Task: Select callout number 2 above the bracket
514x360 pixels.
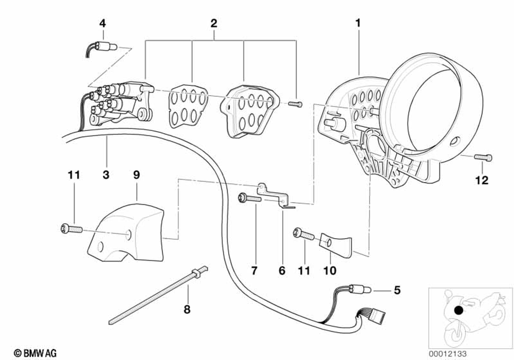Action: point(213,23)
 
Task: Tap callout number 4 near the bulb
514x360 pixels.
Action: point(102,23)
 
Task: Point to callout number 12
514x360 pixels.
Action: point(483,181)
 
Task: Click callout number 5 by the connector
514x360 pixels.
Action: point(396,291)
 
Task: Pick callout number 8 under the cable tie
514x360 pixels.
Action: point(187,310)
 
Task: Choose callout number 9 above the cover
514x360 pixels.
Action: point(137,175)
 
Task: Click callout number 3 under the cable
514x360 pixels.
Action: point(106,175)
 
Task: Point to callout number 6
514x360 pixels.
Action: point(282,269)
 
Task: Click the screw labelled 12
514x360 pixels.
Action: point(483,157)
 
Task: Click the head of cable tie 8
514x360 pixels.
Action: point(197,271)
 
